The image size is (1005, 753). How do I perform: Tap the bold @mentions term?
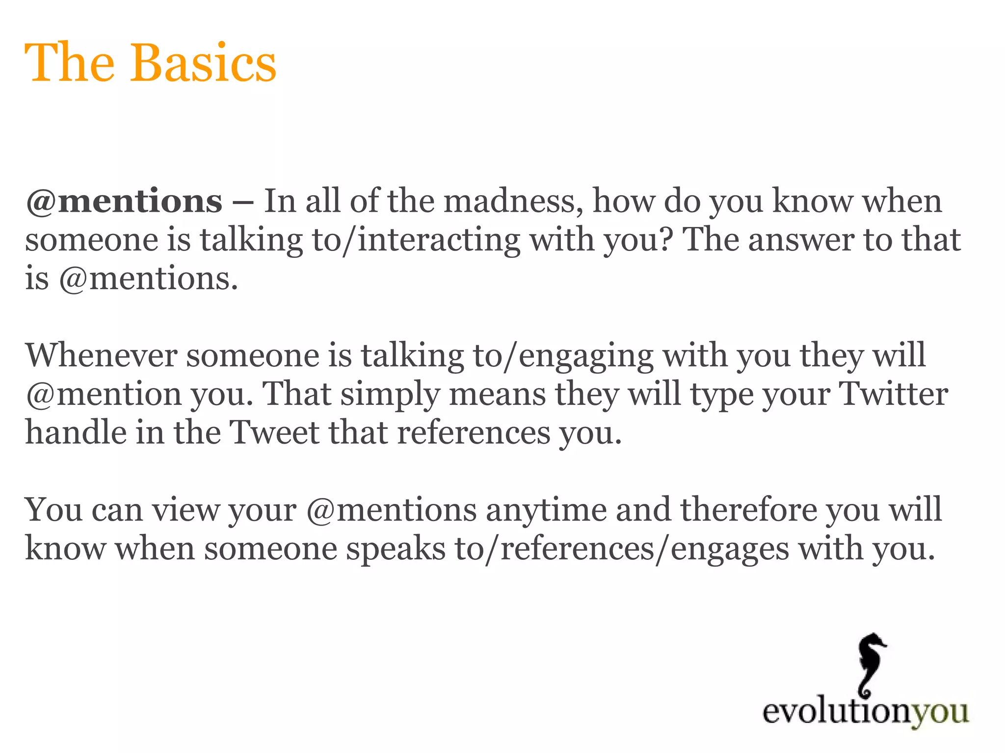point(124,201)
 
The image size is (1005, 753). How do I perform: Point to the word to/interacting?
point(416,240)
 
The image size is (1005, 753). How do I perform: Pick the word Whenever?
point(101,355)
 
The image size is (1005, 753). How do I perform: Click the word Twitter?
point(893,394)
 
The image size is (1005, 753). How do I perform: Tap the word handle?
point(74,432)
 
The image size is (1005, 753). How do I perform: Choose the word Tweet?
point(274,432)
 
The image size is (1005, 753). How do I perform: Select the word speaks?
point(396,549)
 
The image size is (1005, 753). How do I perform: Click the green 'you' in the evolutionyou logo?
point(940,712)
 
